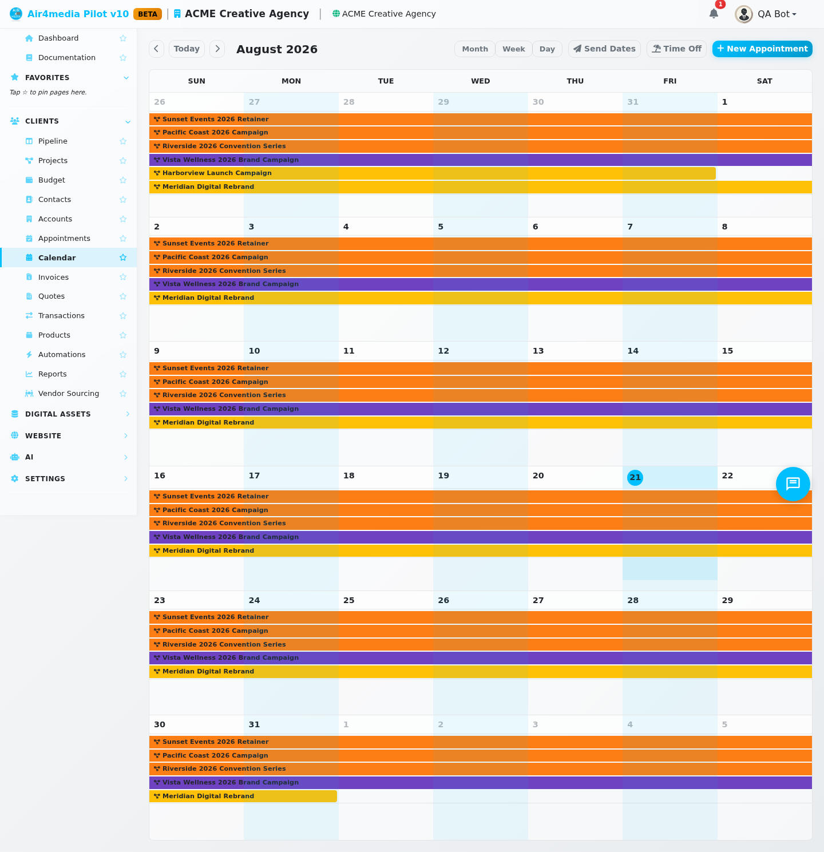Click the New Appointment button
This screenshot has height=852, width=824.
[x=762, y=49]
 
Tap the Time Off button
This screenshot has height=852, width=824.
[x=676, y=49]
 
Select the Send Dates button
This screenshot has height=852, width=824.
[x=604, y=49]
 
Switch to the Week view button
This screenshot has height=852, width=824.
[x=513, y=49]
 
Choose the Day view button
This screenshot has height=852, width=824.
[x=547, y=49]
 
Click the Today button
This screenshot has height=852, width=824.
[x=187, y=49]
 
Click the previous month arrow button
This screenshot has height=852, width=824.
[x=156, y=49]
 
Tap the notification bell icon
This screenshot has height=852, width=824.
[x=714, y=14]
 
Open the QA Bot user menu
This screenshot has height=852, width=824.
[x=766, y=14]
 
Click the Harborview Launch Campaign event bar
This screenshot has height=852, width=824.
[x=432, y=173]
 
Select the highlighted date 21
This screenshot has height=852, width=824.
[x=635, y=477]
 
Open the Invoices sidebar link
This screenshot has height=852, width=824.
[x=53, y=277]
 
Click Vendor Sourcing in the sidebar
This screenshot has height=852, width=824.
[x=68, y=393]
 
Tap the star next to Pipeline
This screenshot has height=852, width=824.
[x=123, y=141]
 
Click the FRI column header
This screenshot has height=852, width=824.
[x=669, y=81]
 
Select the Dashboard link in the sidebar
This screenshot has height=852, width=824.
[x=58, y=38]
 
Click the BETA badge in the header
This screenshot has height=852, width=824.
[x=148, y=14]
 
